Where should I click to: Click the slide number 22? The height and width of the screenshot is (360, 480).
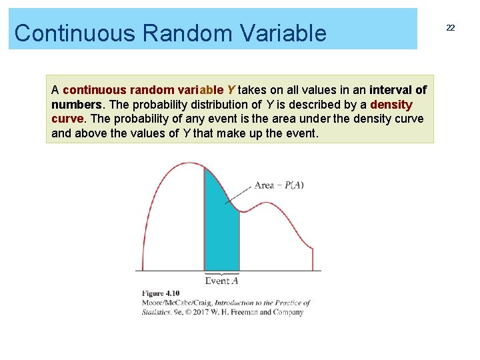(x=451, y=27)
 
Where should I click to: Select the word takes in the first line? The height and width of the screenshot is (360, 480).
(x=254, y=90)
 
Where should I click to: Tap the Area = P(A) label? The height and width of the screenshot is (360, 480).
(x=279, y=185)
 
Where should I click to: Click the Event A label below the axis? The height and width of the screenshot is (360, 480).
(x=221, y=281)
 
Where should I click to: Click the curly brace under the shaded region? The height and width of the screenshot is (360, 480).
(x=221, y=273)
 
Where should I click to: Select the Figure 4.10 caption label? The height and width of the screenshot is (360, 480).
(x=161, y=293)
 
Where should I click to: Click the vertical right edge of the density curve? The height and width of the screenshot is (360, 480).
(x=313, y=259)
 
